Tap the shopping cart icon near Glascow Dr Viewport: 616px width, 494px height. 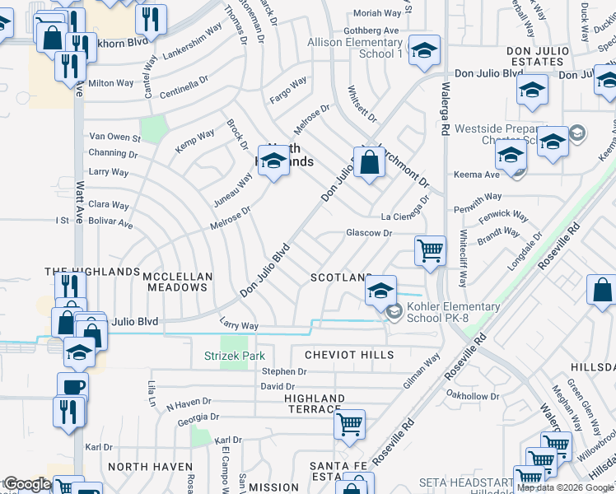(x=431, y=250)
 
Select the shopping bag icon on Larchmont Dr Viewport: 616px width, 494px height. (x=371, y=164)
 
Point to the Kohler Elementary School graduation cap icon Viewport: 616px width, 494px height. (x=380, y=291)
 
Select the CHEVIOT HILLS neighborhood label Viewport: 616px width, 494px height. (x=349, y=355)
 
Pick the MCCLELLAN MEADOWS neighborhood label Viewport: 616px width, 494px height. (x=178, y=282)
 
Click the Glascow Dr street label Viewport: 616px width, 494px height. (x=368, y=233)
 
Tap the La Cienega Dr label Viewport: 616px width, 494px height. (x=406, y=212)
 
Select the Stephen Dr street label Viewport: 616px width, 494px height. (x=284, y=371)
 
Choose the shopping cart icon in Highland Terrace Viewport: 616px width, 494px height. (x=350, y=426)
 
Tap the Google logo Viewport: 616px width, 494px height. (x=27, y=484)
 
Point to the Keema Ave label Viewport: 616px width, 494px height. (x=477, y=175)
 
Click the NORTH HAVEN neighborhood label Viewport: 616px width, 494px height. (x=138, y=466)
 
